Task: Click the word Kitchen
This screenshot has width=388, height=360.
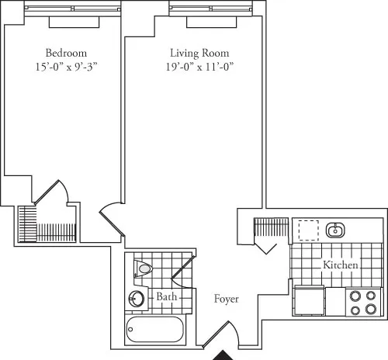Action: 341,265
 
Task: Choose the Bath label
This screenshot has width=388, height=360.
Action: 165,297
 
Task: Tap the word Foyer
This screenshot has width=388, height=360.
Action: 227,299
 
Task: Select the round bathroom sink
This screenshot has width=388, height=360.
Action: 137,299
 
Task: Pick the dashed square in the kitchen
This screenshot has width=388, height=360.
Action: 309,230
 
